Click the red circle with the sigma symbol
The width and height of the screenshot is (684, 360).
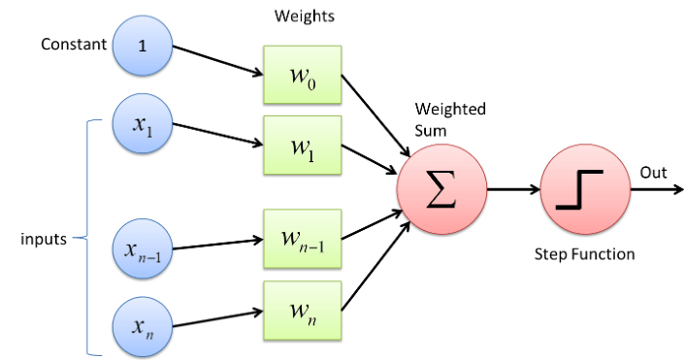[x=440, y=188]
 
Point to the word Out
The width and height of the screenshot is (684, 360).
[x=652, y=172]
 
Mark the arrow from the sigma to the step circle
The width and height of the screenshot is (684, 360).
[x=511, y=189]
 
